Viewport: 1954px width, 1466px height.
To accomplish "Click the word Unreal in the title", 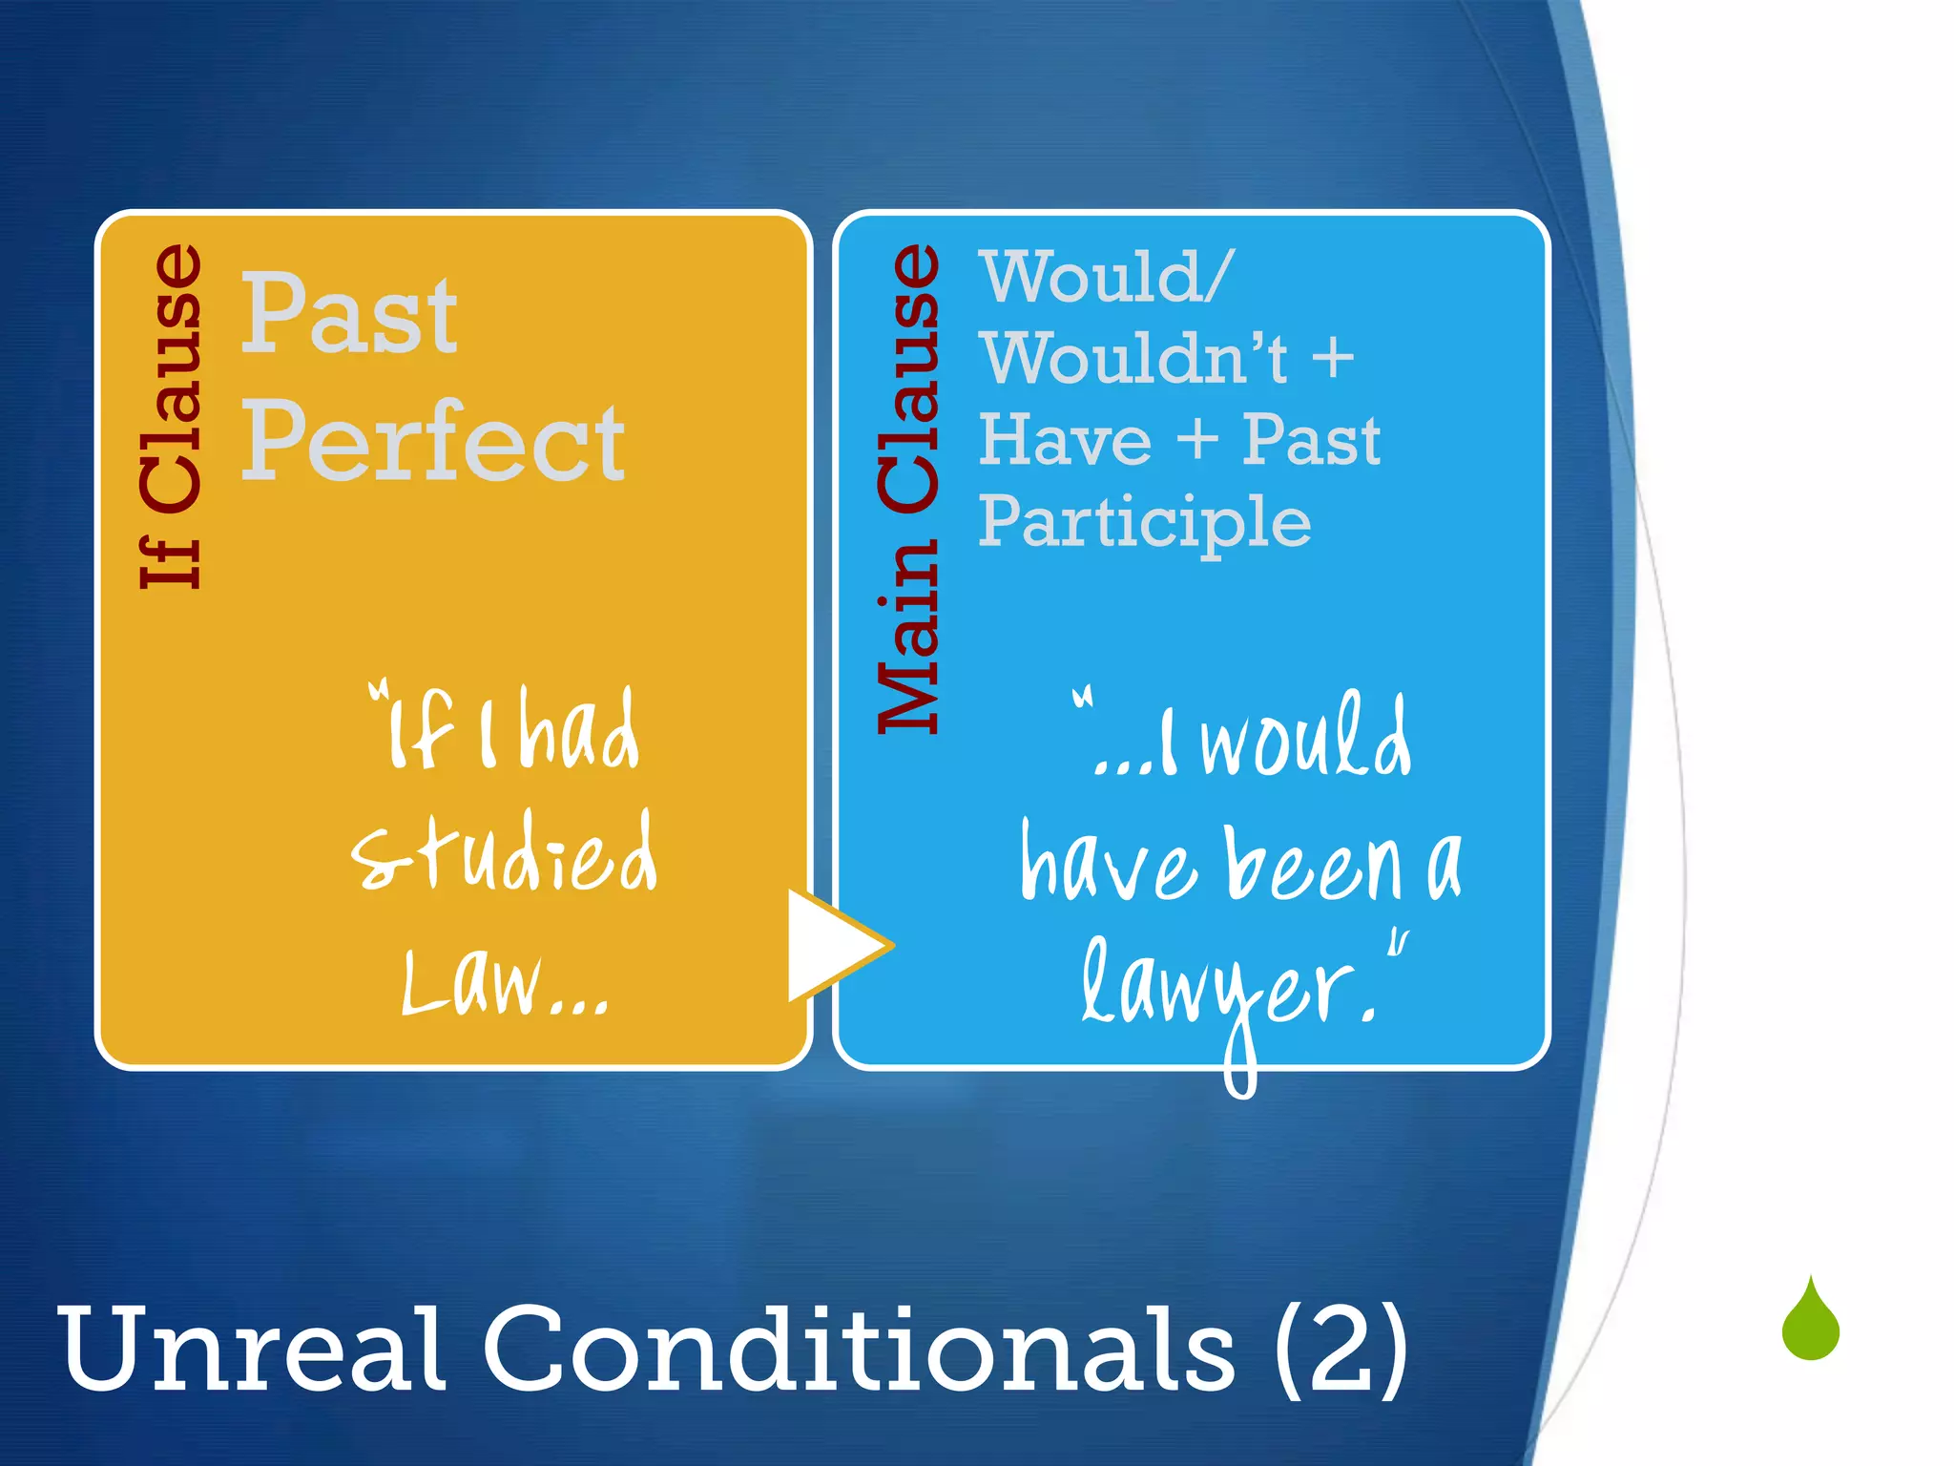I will [x=252, y=1350].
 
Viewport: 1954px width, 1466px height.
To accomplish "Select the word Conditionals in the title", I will [x=859, y=1350].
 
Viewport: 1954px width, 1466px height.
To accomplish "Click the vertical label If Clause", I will [x=172, y=416].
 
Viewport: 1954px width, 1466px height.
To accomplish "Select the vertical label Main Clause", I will [x=909, y=489].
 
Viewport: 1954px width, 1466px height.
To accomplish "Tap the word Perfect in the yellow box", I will [x=432, y=442].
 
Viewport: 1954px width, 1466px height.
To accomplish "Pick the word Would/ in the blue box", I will [x=1107, y=277].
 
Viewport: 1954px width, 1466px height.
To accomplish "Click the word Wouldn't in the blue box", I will [x=1135, y=358].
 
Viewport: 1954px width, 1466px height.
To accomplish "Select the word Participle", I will [x=1145, y=523].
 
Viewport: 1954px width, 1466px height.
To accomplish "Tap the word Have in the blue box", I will [x=1065, y=440].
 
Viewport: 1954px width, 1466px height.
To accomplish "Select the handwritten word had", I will [x=580, y=730].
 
